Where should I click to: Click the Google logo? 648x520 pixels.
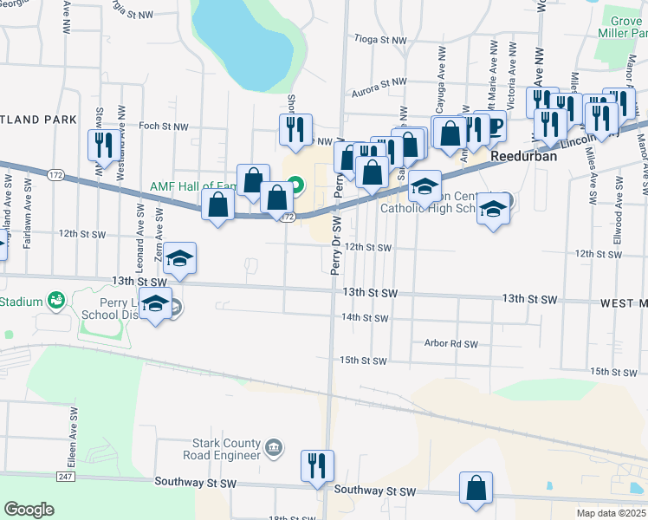coord(29,510)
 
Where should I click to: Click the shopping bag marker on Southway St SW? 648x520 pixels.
coord(476,487)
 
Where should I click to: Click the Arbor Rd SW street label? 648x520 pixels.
coord(451,344)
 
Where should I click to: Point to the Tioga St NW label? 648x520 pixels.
coord(380,41)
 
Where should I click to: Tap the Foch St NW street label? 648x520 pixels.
coord(164,127)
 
